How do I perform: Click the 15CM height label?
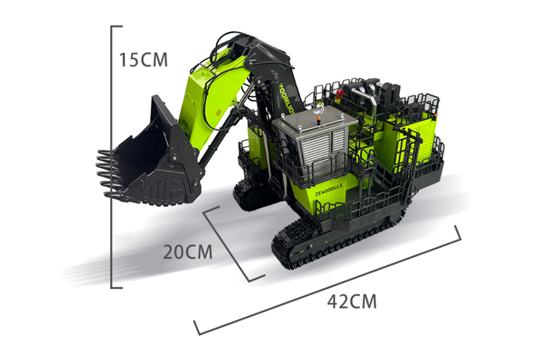tap(143, 59)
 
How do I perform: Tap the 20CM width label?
tap(188, 252)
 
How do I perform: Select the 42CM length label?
tap(352, 301)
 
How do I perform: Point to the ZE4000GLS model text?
tap(329, 189)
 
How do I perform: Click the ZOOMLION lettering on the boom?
tap(286, 99)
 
